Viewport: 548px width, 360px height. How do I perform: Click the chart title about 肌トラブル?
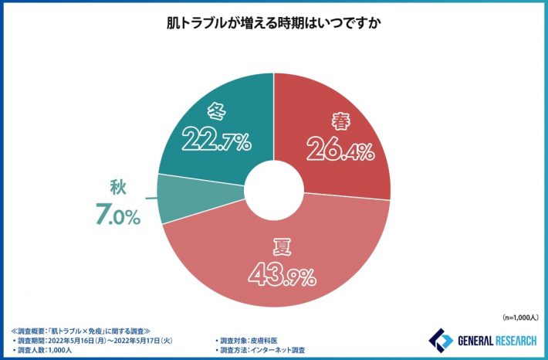[274, 24]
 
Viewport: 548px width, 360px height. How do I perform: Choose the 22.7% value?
[216, 140]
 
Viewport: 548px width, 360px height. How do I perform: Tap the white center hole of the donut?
[273, 185]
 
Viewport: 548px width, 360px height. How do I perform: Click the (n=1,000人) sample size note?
[521, 318]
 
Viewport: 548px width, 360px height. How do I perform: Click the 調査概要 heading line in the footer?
[81, 328]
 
